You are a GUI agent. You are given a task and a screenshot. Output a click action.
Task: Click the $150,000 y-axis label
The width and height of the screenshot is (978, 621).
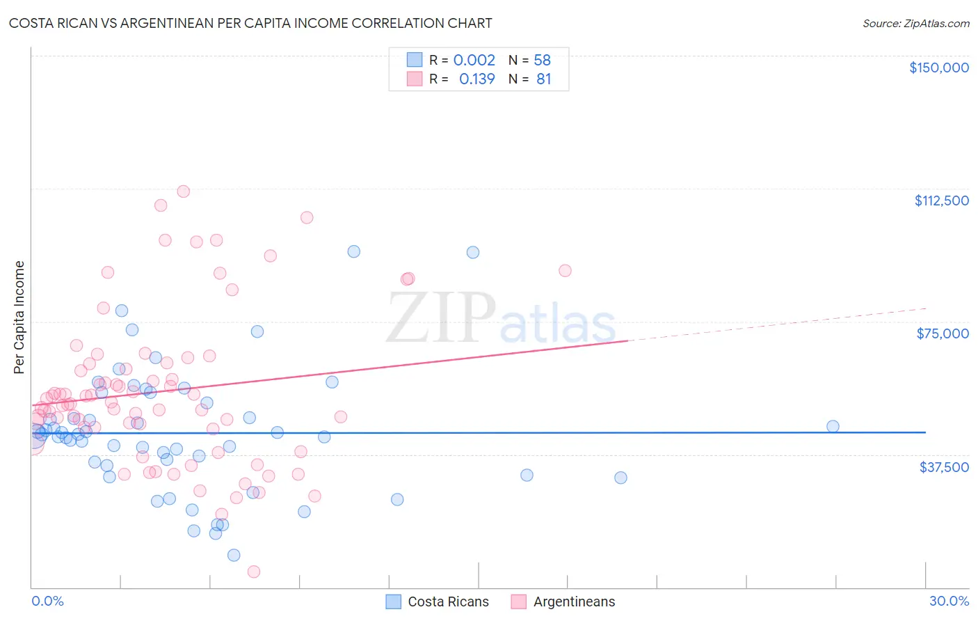click(938, 68)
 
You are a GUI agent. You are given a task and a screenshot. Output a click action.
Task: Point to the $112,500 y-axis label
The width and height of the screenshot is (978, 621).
click(941, 201)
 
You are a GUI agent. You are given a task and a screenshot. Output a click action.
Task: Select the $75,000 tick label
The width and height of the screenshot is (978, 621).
click(943, 333)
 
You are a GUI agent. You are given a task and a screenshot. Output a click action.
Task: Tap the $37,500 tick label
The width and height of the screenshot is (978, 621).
click(944, 467)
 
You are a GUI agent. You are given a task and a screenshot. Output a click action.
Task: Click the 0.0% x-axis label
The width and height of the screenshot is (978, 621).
click(47, 601)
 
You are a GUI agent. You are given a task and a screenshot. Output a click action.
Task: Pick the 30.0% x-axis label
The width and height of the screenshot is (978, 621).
click(949, 601)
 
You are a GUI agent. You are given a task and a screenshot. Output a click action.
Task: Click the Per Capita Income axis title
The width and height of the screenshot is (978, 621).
click(19, 317)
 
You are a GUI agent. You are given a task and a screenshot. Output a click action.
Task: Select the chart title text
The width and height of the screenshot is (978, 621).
click(250, 23)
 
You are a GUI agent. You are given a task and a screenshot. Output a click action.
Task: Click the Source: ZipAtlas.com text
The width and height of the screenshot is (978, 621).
click(915, 23)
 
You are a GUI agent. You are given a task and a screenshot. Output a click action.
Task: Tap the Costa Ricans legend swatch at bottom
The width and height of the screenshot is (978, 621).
click(394, 602)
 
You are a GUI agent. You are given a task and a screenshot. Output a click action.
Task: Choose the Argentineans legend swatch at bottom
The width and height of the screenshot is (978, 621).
click(519, 602)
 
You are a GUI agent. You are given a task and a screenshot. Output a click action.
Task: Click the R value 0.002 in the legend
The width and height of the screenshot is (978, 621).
click(474, 60)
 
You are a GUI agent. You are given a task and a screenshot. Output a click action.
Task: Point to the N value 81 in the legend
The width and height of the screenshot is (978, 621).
click(543, 79)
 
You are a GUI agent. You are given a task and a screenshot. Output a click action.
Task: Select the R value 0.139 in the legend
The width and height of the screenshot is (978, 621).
click(476, 79)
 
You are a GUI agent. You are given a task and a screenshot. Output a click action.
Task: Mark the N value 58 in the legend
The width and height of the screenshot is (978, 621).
click(542, 60)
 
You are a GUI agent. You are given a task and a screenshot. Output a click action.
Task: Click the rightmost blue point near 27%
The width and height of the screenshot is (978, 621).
click(833, 426)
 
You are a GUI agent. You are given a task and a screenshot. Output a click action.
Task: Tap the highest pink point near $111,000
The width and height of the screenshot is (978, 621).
click(184, 191)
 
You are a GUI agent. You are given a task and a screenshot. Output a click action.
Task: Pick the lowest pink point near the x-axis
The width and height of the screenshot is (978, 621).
click(254, 572)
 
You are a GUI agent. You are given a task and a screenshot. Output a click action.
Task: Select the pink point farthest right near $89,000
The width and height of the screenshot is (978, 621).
click(565, 271)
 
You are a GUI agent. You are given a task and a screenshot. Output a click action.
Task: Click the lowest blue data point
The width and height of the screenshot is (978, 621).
click(234, 555)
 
